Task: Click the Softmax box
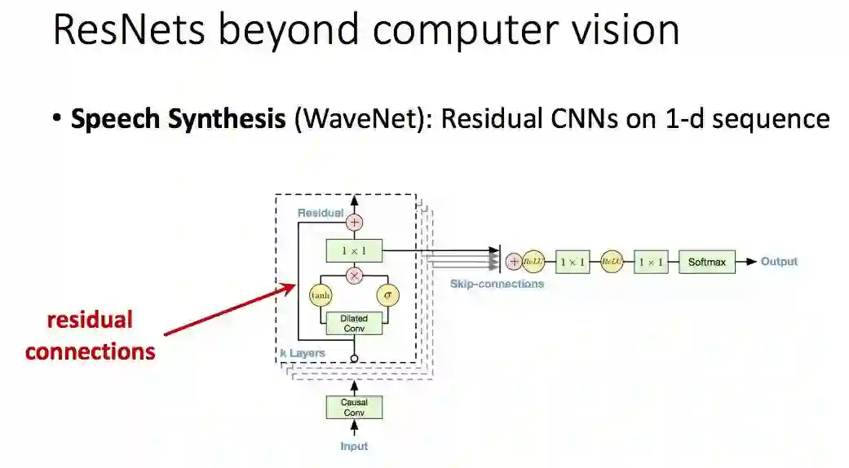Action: pos(706,263)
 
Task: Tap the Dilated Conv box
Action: pos(354,324)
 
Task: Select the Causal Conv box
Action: pos(354,407)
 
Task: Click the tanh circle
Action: pos(321,295)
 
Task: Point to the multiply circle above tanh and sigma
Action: pos(354,276)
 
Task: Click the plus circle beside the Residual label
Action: pos(354,222)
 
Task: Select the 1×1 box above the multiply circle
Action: pos(354,250)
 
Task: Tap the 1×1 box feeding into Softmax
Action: pos(650,263)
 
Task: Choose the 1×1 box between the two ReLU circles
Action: pos(572,263)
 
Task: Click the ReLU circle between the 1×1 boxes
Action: pos(611,263)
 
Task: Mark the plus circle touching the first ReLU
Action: pos(514,262)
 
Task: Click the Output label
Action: pos(779,262)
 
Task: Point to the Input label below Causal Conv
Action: pos(354,446)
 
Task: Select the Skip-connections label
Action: pos(497,284)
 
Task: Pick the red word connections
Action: pos(90,351)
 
